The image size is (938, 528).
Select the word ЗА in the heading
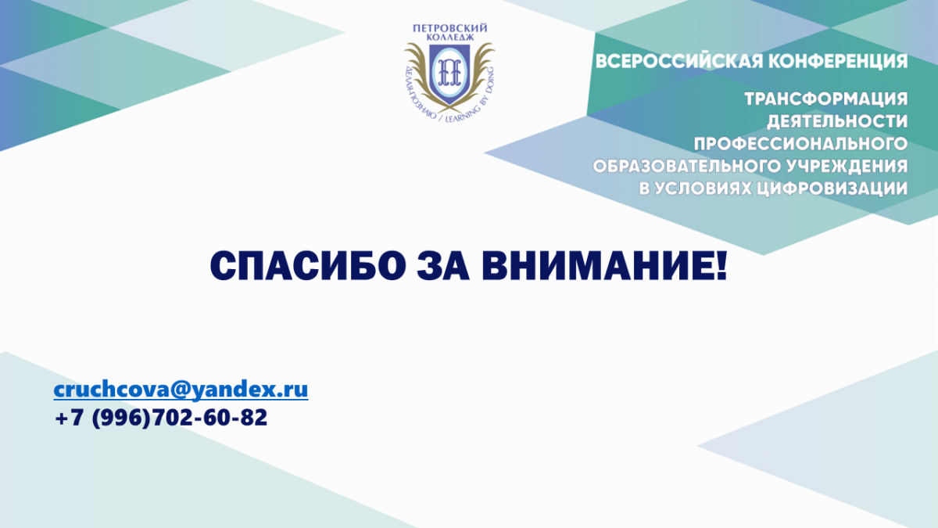click(x=443, y=266)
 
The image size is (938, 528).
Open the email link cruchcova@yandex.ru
click(x=181, y=390)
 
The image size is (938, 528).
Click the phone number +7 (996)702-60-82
click(x=161, y=418)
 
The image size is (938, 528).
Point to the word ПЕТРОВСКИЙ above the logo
click(x=450, y=28)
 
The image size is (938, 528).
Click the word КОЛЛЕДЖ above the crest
click(x=450, y=38)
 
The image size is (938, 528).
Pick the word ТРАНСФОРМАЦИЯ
click(x=826, y=99)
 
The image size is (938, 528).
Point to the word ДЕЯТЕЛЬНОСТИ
click(x=837, y=121)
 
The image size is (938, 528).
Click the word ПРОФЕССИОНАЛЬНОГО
click(x=800, y=144)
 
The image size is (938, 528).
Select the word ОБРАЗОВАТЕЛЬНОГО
click(x=687, y=167)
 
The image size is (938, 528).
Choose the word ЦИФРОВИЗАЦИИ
click(x=832, y=189)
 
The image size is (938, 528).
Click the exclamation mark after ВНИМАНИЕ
click(x=721, y=266)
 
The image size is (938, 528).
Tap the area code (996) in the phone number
click(x=120, y=418)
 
